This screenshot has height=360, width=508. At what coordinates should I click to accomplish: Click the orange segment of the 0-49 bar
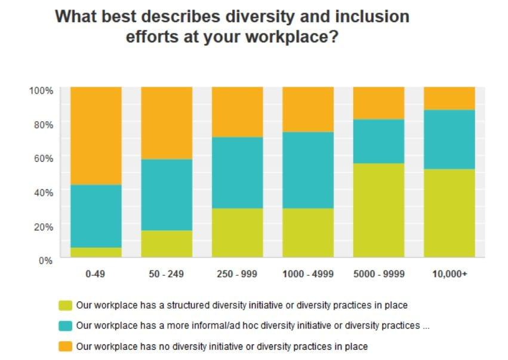tap(96, 136)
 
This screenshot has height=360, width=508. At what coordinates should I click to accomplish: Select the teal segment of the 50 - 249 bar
tap(167, 195)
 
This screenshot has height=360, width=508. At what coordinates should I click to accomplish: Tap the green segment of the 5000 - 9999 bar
tap(378, 210)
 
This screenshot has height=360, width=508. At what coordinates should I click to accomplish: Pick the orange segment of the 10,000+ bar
tap(449, 99)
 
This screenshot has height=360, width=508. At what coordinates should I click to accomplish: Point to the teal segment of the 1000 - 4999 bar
tap(308, 170)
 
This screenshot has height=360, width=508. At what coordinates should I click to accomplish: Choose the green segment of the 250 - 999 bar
tap(238, 233)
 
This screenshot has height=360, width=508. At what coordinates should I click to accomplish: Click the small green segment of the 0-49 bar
tap(96, 253)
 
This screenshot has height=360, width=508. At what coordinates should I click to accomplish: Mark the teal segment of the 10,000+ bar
tap(449, 140)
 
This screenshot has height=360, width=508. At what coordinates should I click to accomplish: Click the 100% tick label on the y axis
tap(42, 90)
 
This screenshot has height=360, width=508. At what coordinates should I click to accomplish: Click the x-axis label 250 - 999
tap(238, 274)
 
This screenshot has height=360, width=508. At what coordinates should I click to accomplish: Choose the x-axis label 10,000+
tap(449, 274)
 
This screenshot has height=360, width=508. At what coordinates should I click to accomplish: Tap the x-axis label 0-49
tap(96, 274)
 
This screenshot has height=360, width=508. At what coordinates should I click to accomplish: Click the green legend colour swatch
tap(65, 306)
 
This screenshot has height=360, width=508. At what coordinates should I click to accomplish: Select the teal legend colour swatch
tap(65, 326)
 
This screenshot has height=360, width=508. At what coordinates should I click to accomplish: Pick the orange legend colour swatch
tap(65, 346)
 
